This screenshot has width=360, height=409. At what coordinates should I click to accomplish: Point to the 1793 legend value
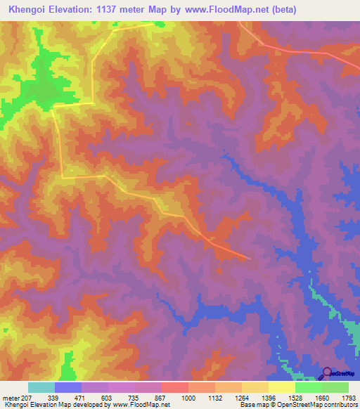click(349, 397)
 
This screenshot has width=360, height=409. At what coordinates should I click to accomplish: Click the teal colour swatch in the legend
click(41, 387)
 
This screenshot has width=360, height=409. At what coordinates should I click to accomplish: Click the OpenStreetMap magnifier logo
click(327, 373)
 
